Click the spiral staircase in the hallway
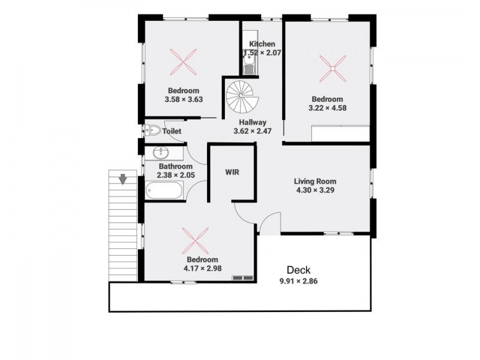click(x=241, y=97)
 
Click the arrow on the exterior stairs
click(x=124, y=179)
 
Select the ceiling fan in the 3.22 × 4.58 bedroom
click(x=332, y=68)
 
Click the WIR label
click(x=232, y=172)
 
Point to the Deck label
click(x=298, y=270)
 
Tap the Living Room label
click(x=315, y=181)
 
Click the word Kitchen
click(x=262, y=44)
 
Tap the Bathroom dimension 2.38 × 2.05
click(x=175, y=175)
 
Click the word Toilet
click(x=172, y=131)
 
